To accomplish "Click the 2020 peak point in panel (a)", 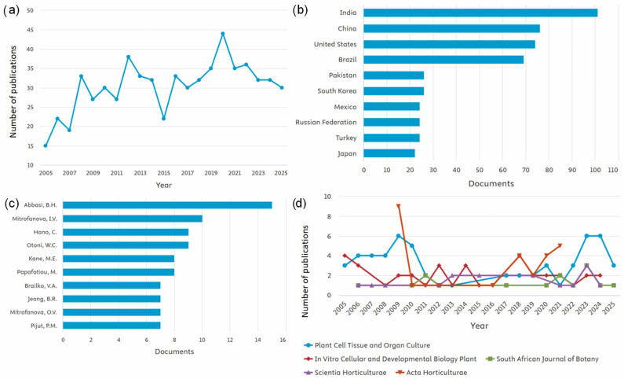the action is point(223,34).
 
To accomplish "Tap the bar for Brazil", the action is point(443,60).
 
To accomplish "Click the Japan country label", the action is point(347,153).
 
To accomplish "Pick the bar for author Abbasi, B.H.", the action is point(167,205).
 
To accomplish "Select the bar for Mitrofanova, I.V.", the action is point(133,219).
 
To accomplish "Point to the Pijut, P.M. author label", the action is point(44,326).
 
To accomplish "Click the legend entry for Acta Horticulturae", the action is point(432,373).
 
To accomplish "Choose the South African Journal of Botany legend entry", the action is point(542,359).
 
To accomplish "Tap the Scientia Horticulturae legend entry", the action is point(345,373).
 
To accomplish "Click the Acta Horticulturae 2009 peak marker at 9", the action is point(399,206).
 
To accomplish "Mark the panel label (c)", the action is point(11,204).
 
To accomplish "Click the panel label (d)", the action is point(300,204).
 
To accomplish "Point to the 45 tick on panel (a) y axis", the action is point(31,30).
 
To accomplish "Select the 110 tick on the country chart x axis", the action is point(613,170).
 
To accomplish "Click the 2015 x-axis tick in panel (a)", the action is point(163,173).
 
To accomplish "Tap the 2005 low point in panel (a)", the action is point(46,146).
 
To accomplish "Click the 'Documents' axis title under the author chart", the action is point(174,351).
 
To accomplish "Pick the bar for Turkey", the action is point(392,138).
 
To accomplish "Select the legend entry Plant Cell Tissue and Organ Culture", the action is point(367,345).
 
